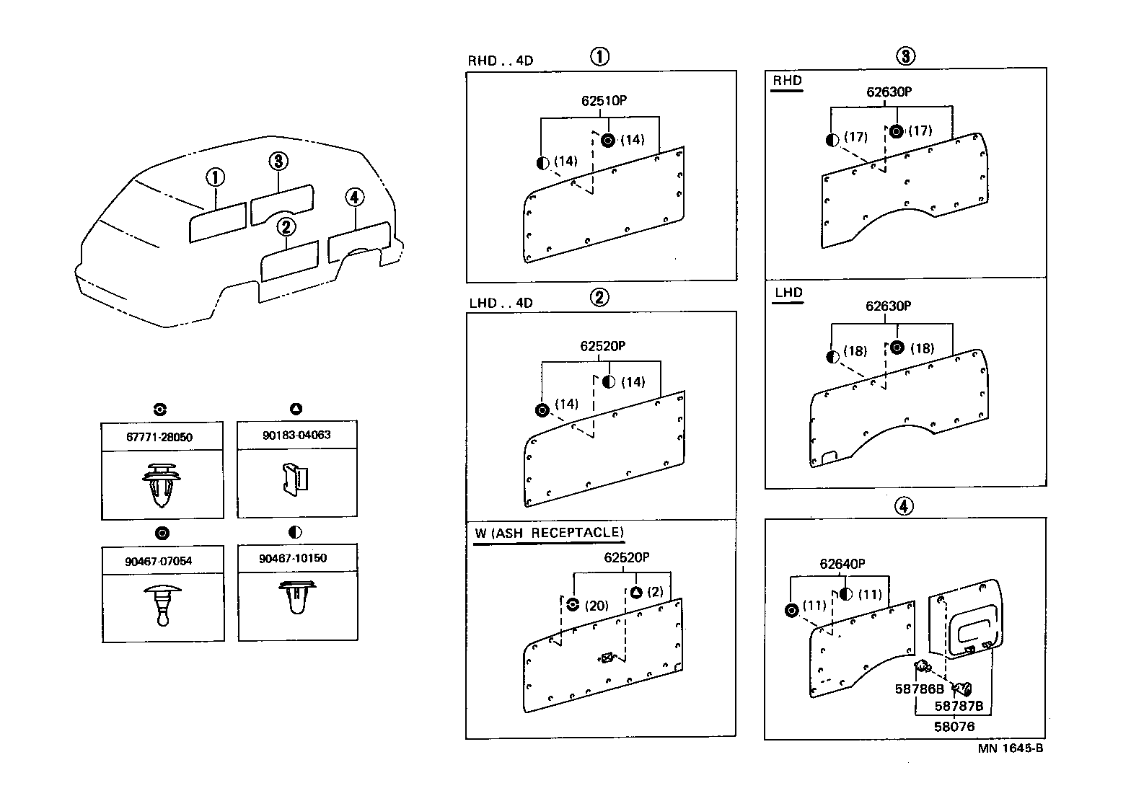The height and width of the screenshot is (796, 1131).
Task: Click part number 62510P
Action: (604, 101)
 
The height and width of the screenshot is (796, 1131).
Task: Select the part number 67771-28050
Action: (159, 438)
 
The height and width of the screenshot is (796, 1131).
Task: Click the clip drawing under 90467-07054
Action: (162, 606)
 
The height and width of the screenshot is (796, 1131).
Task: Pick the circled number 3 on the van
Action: (278, 162)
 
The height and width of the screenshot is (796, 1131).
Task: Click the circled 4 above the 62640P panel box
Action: (904, 507)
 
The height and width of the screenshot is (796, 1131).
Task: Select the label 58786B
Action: (919, 689)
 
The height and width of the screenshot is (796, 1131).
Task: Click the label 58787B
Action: (959, 706)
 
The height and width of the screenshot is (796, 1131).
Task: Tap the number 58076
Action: (954, 727)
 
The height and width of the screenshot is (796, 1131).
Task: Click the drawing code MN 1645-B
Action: (1010, 748)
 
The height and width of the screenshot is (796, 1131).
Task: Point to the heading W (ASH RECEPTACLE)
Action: (548, 533)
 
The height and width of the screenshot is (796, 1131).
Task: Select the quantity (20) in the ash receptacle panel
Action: (597, 606)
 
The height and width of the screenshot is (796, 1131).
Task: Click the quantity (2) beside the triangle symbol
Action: (655, 592)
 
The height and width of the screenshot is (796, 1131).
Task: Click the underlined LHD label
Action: (788, 293)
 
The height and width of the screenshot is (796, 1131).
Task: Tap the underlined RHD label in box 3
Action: (787, 81)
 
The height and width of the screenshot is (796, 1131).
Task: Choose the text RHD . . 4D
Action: (501, 61)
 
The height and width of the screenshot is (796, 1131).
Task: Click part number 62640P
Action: (842, 564)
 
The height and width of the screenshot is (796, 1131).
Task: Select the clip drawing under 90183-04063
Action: (296, 479)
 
